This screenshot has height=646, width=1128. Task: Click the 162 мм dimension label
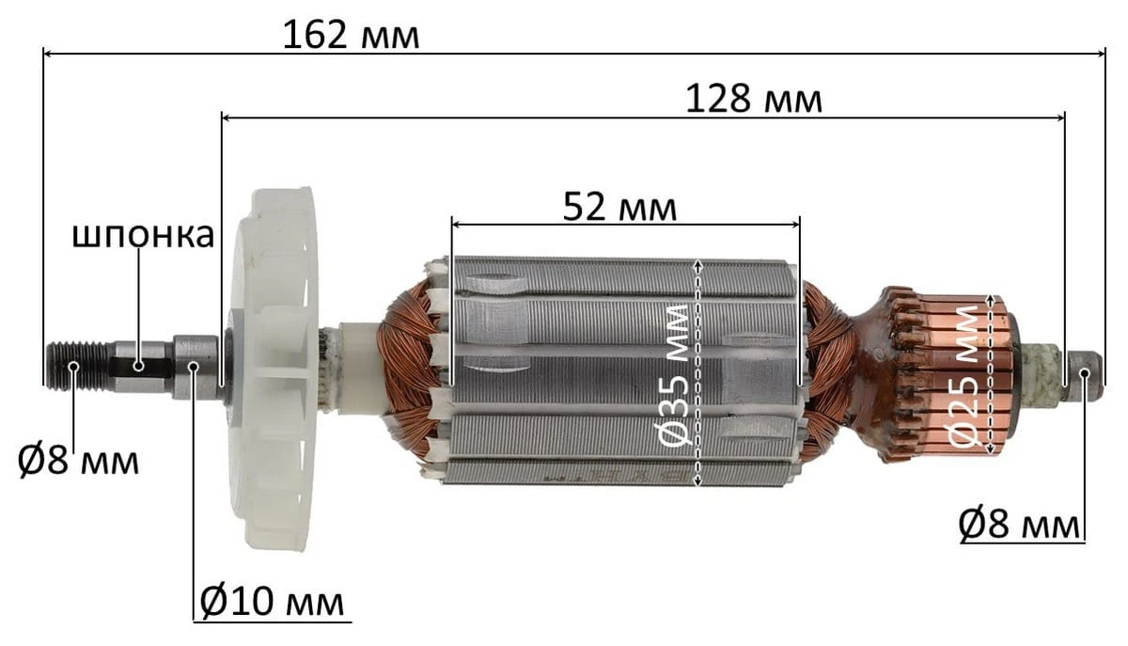351,35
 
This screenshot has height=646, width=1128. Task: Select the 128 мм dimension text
754,99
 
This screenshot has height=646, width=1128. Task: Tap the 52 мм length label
619,207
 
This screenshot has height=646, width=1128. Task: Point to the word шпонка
144,235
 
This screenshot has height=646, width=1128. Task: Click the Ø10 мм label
273,602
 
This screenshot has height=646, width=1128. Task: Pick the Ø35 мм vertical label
674,375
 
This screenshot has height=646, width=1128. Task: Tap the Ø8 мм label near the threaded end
78,460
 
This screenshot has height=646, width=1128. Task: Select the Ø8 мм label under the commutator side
1019,525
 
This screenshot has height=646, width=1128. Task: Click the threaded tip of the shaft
76,366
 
